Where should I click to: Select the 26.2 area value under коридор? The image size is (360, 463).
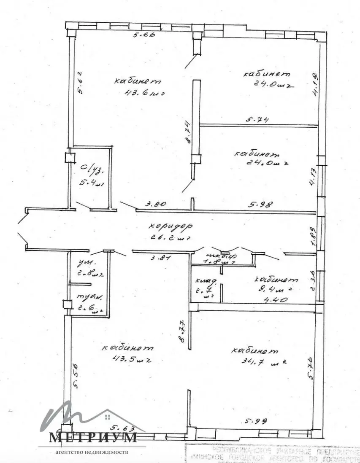[x=165, y=237]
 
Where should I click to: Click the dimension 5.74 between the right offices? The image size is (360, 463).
[x=257, y=120]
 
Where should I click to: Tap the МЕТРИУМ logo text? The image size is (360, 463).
[x=93, y=438]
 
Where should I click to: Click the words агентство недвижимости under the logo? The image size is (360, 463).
[x=92, y=452]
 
